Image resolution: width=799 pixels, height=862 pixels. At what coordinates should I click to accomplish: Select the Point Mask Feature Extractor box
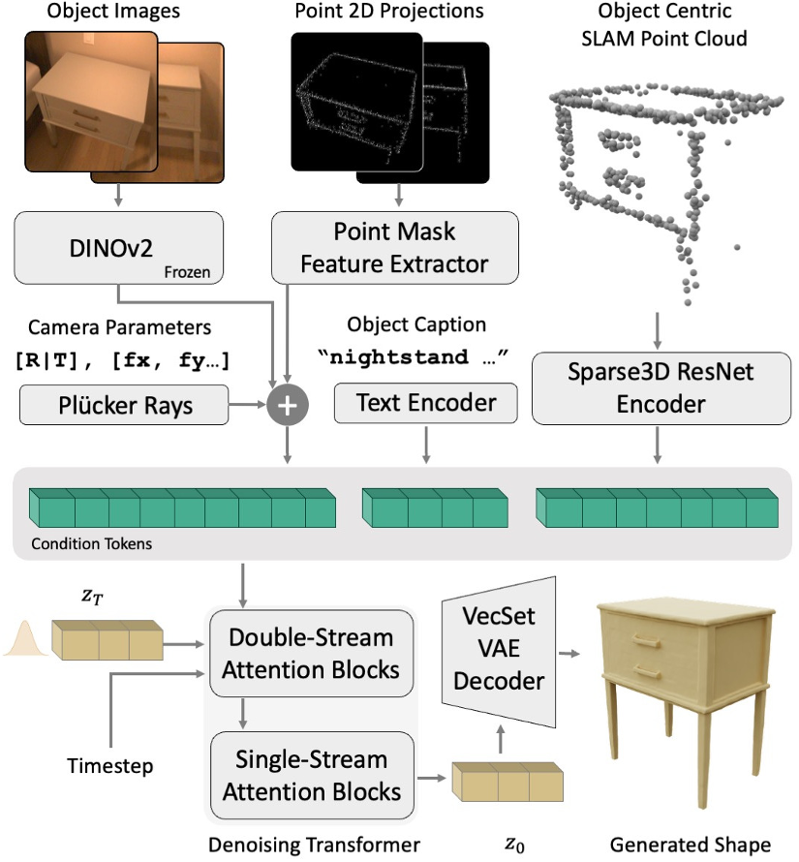[394, 247]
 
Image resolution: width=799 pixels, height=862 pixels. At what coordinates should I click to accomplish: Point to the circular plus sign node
[288, 406]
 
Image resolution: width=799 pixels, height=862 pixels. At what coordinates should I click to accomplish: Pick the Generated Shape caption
[690, 845]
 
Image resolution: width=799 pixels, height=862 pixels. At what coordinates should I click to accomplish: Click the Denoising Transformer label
[314, 845]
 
